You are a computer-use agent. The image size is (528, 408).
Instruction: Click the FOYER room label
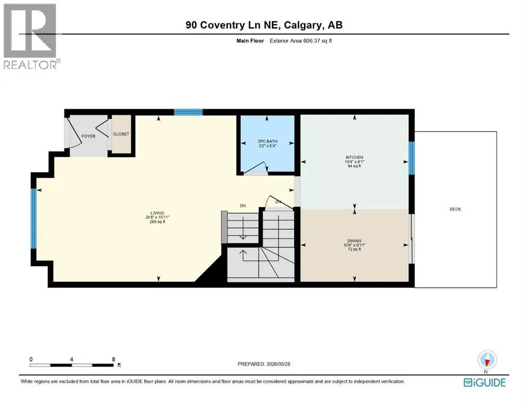89,136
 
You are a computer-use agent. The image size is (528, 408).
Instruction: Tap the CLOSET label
121,134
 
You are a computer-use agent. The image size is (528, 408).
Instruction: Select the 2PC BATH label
267,142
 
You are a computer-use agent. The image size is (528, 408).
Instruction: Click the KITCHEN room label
355,157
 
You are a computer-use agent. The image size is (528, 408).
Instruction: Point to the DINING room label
355,241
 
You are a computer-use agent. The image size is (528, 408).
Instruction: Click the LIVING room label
157,213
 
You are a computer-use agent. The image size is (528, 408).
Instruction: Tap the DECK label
456,209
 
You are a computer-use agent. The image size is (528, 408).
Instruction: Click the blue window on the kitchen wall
412,158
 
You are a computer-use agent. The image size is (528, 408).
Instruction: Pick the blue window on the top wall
188,112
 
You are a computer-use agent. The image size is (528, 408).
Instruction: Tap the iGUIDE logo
484,383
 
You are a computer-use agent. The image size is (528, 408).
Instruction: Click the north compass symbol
487,360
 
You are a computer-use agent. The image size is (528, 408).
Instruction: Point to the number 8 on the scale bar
113,359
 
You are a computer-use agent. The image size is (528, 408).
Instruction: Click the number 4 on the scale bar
71,359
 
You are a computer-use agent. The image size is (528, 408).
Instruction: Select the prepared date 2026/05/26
278,364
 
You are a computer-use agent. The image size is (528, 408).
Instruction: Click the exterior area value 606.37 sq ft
317,41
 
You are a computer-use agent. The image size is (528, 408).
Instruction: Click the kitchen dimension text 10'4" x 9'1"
355,162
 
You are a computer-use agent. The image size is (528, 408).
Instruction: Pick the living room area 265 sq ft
157,222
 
